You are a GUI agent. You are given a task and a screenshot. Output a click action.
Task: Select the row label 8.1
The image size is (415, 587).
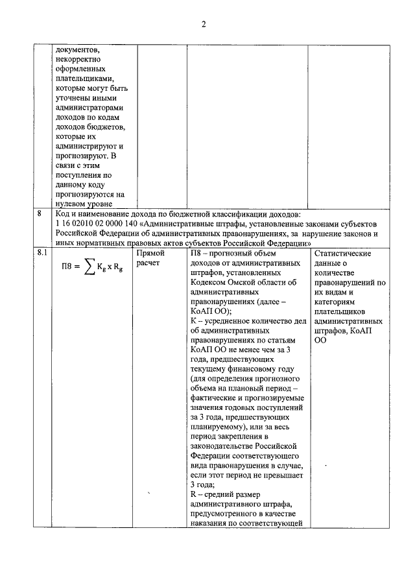click(42, 254)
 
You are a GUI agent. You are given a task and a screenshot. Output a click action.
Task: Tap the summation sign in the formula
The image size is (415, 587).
click(91, 267)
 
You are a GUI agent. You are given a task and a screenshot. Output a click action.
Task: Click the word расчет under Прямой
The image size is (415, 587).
click(150, 264)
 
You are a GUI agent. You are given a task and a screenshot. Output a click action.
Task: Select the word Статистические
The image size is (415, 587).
click(342, 254)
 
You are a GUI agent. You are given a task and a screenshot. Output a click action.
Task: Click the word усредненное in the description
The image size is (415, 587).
click(224, 321)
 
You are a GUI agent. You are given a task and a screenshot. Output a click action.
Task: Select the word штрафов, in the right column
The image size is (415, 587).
click(330, 330)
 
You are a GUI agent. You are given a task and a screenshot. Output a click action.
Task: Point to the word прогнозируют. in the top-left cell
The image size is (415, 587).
click(82, 156)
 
